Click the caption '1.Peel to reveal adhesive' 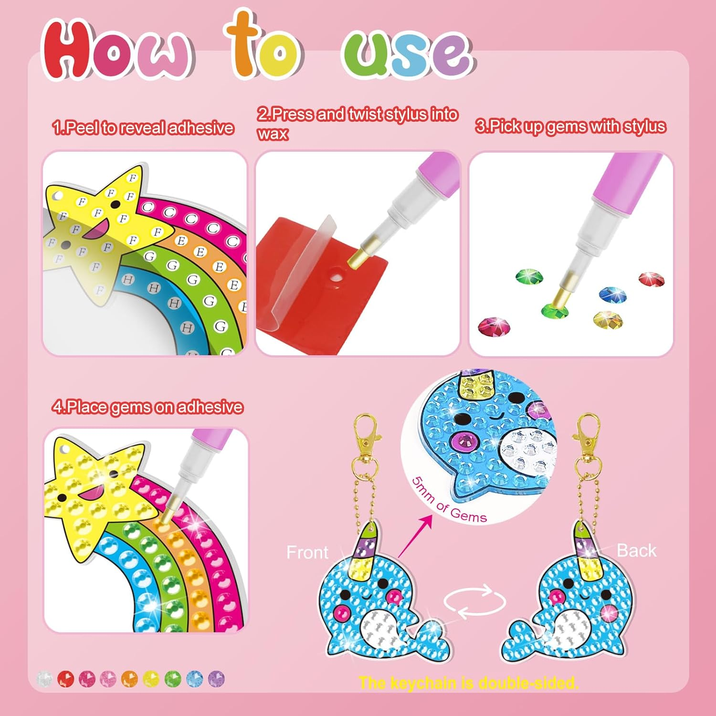(x=143, y=128)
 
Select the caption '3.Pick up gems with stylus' (x=570, y=126)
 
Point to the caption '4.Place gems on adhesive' (x=148, y=407)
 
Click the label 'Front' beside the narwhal (x=307, y=553)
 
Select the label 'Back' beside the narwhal (x=636, y=551)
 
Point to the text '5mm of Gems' (x=449, y=501)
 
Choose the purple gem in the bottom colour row (x=216, y=679)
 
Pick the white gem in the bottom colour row (x=44, y=679)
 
